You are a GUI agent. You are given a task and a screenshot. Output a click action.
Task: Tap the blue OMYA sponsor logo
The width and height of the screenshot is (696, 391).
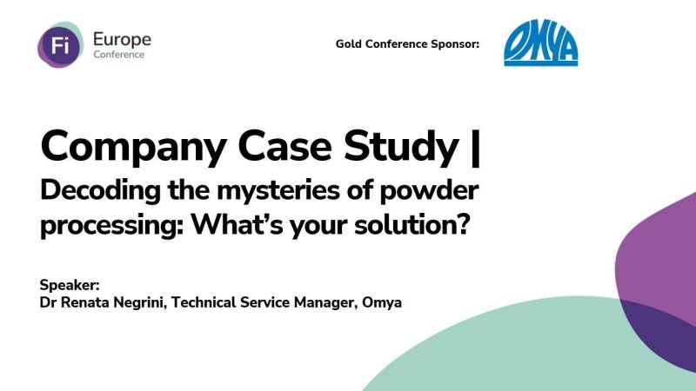(x=540, y=45)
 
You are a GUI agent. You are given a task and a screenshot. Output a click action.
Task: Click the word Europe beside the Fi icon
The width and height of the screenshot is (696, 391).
(x=121, y=38)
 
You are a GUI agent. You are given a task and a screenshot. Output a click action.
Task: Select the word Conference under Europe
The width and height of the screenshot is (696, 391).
(x=119, y=55)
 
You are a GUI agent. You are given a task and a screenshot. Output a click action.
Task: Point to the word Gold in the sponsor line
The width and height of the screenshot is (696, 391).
(x=350, y=43)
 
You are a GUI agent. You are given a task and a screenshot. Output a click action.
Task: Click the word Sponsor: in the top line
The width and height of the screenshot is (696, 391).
(x=455, y=43)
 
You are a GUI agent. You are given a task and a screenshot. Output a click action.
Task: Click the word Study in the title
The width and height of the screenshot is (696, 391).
(x=393, y=147)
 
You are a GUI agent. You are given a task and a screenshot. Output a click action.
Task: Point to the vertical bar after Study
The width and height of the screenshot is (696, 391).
(x=473, y=147)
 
